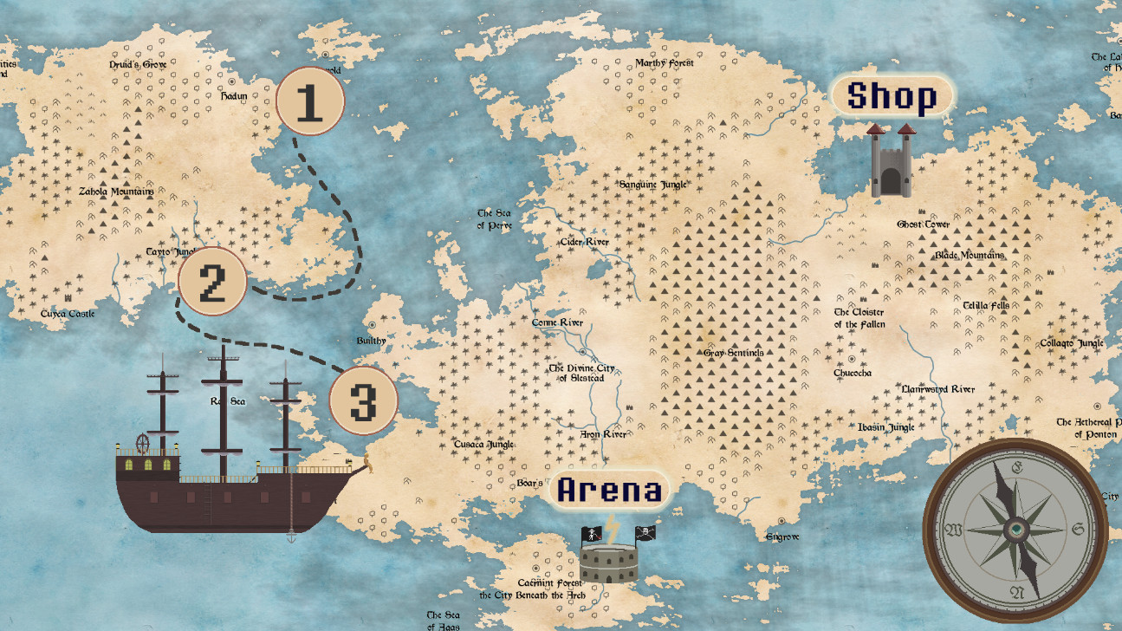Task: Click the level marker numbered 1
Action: tap(310, 101)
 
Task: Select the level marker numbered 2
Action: tap(212, 281)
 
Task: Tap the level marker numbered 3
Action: tap(363, 401)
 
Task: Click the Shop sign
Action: tap(892, 95)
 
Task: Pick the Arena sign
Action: tap(610, 490)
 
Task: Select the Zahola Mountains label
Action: tap(116, 192)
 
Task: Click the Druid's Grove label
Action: tap(138, 64)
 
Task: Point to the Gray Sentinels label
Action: tap(733, 353)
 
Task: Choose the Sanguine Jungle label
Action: tap(652, 185)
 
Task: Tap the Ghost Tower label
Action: tap(923, 224)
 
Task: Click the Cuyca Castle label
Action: tap(68, 314)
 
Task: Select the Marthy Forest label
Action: tap(665, 63)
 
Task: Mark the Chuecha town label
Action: tap(853, 373)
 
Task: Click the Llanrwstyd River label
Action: tap(938, 390)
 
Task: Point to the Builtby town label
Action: tap(371, 341)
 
